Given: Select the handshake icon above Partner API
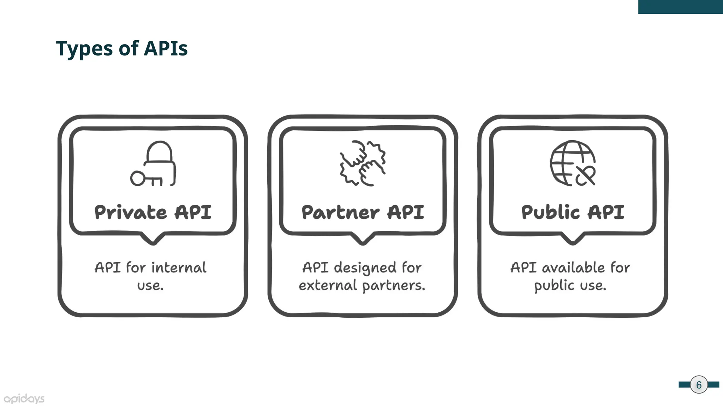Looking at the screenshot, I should tap(363, 163).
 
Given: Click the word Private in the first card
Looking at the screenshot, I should tap(130, 212).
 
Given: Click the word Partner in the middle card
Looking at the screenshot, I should tap(340, 212).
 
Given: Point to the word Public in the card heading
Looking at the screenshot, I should tap(550, 212).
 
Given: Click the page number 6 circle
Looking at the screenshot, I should tap(699, 385).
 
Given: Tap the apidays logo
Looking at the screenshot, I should tap(24, 399).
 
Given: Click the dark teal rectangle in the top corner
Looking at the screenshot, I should tap(680, 7).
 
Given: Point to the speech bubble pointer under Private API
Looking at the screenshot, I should tap(153, 239).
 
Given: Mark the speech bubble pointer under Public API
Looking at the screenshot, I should tap(573, 239).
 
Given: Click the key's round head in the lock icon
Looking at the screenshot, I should tap(137, 178).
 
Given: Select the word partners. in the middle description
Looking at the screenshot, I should tap(394, 285).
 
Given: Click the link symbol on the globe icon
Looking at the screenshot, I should tap(586, 176).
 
